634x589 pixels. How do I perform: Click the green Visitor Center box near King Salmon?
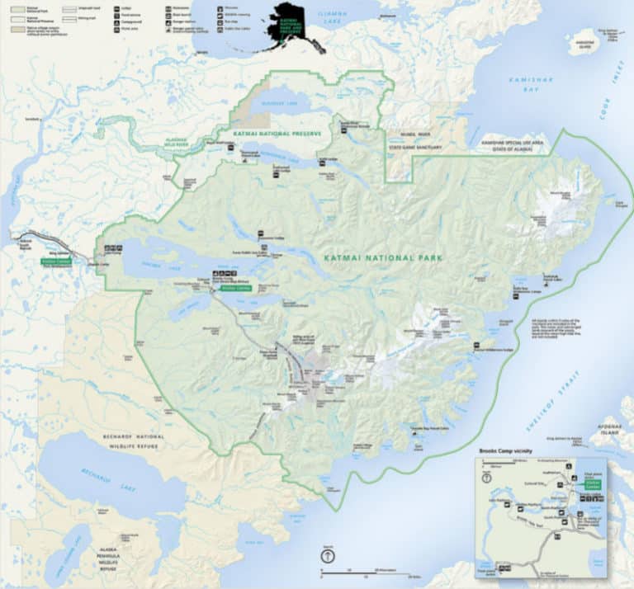click(56, 261)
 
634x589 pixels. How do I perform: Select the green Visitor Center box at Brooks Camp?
click(235, 289)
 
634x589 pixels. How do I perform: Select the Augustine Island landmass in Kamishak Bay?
click(583, 41)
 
